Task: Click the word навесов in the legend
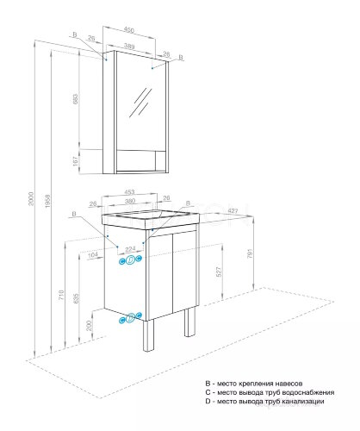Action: (307, 382)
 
